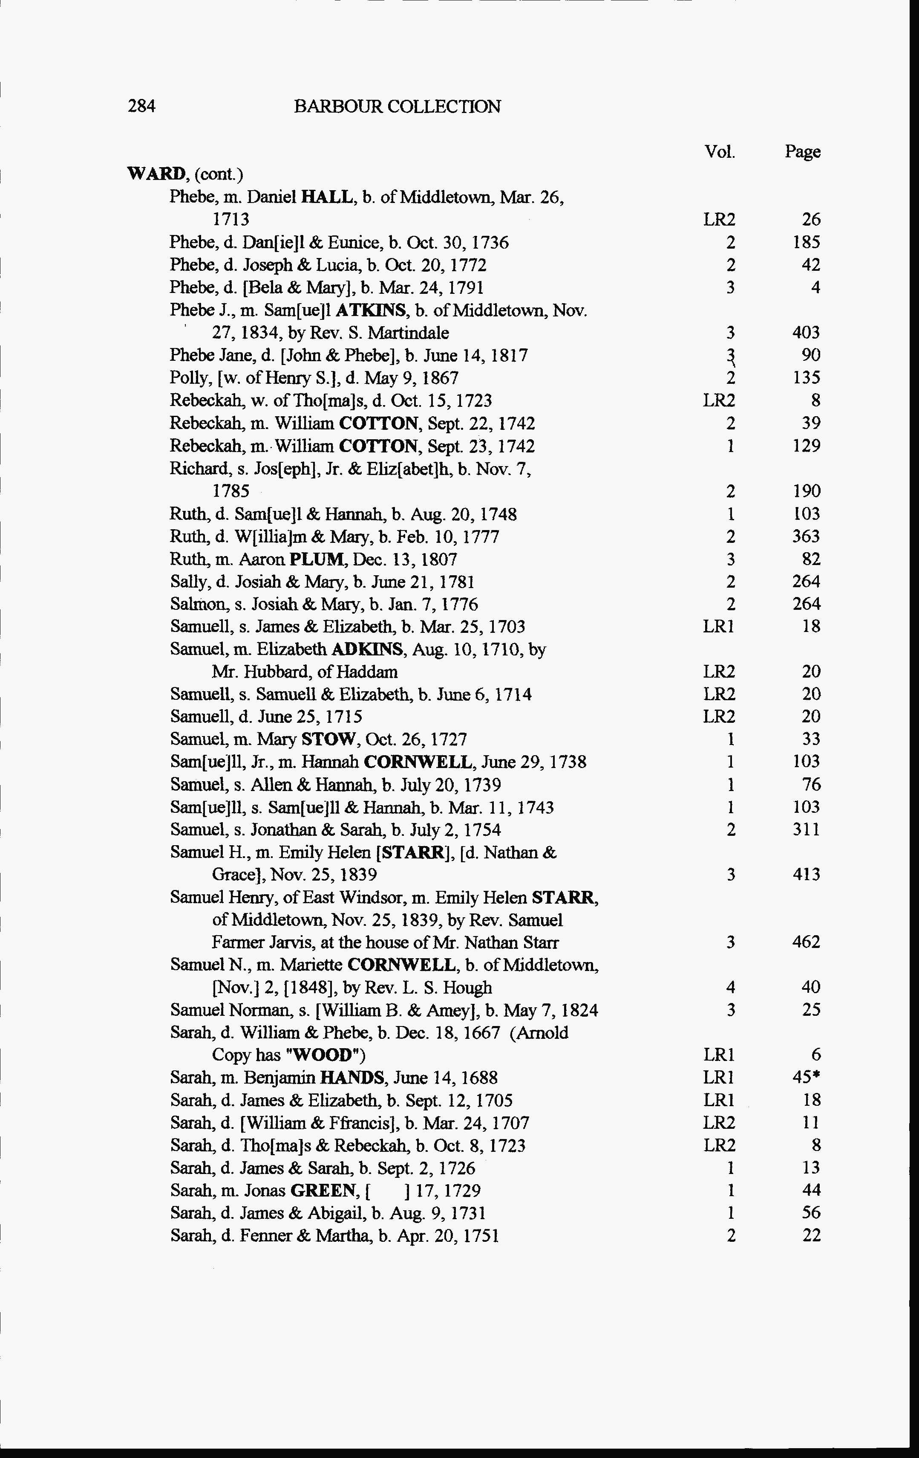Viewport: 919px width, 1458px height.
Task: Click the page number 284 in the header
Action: coord(141,107)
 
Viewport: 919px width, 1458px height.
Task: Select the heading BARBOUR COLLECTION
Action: coord(397,107)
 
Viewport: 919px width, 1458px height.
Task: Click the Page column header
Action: coord(802,151)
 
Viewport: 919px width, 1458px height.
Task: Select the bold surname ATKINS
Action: coord(372,310)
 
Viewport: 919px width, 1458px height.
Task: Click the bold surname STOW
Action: coord(328,739)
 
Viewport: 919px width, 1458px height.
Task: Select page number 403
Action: coord(806,332)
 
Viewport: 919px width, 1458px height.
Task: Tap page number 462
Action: coord(806,942)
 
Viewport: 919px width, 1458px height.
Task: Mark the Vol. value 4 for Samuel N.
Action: coord(730,988)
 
